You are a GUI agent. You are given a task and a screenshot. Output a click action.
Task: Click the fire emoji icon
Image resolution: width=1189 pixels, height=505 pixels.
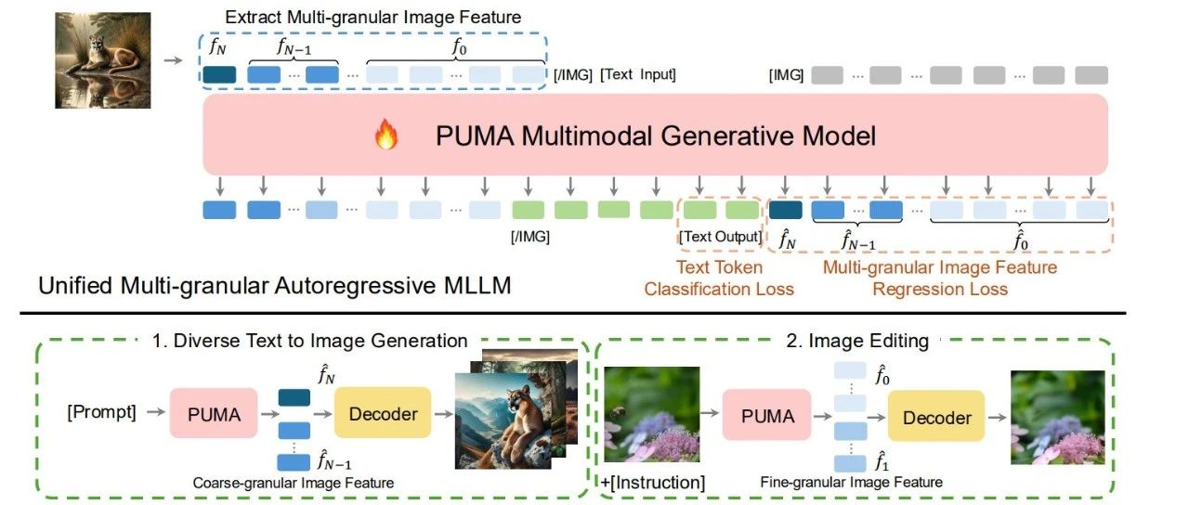(385, 137)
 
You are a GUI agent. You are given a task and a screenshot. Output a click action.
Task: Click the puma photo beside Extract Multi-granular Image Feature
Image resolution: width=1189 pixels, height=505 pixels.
(102, 58)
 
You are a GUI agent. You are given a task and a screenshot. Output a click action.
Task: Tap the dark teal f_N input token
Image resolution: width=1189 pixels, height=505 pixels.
(219, 74)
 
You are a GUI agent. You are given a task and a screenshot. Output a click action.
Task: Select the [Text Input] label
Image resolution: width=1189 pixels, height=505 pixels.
(638, 74)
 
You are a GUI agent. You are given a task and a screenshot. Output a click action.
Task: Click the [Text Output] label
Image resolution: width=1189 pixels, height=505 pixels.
(720, 237)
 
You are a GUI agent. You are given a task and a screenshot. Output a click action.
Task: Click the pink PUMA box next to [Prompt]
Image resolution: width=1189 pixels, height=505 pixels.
(213, 414)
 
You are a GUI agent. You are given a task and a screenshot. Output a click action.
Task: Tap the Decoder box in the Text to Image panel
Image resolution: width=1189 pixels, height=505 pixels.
(383, 414)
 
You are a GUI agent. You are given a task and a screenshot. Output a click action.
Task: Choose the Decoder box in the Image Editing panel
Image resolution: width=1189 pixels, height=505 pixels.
(936, 417)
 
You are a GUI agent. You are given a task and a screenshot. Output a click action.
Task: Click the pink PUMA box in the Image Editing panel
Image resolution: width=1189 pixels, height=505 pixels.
(767, 416)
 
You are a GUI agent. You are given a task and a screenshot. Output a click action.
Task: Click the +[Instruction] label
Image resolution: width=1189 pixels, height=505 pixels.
(653, 482)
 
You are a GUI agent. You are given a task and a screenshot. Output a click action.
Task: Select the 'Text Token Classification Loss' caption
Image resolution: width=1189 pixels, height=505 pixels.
(719, 278)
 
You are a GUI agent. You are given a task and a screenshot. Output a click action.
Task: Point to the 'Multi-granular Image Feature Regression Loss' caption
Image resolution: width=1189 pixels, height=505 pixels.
(940, 278)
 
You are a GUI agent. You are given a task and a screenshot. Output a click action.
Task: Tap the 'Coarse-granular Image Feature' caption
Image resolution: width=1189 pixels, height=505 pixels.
(294, 483)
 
